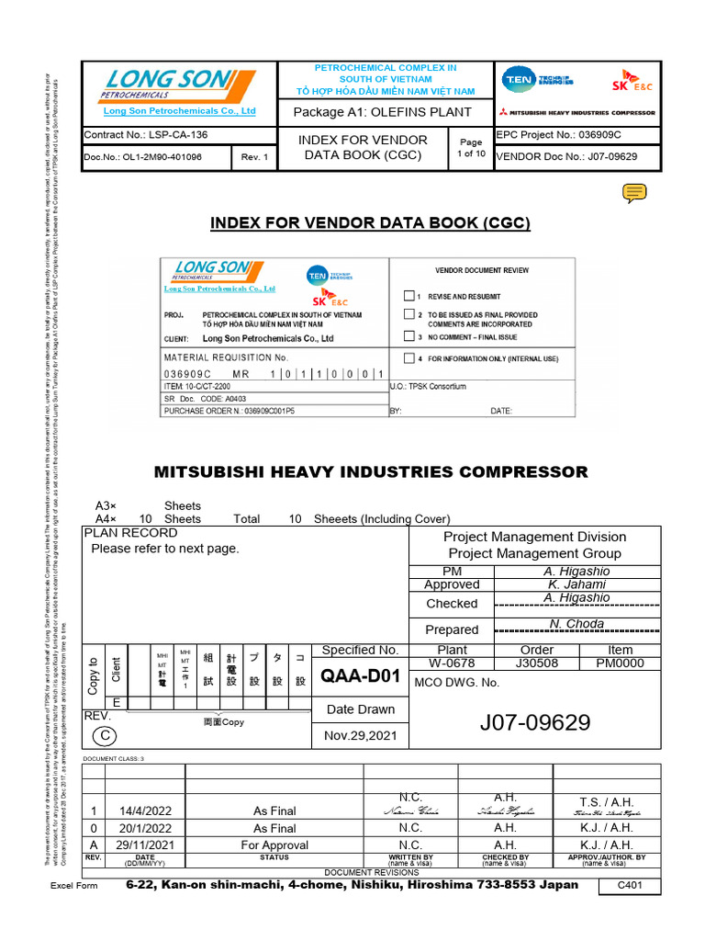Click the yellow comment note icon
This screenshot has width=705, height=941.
[x=634, y=192]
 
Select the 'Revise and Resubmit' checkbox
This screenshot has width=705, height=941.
[x=409, y=297]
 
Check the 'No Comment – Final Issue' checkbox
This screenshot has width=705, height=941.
[x=409, y=337]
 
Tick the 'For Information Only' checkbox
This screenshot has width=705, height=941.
[x=409, y=358]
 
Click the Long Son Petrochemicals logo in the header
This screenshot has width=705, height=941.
[x=166, y=85]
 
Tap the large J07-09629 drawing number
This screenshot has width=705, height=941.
[x=534, y=722]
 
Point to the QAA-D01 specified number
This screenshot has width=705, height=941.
[x=360, y=677]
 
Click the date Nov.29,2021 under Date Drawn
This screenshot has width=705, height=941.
[x=360, y=736]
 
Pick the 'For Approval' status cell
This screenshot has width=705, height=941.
[x=275, y=845]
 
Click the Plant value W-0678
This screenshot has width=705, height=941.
[x=453, y=663]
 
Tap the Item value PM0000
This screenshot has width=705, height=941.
[x=620, y=663]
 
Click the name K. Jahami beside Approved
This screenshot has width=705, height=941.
[x=576, y=584]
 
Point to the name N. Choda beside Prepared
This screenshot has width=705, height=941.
[x=576, y=624]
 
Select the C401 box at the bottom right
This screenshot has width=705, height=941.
[x=627, y=886]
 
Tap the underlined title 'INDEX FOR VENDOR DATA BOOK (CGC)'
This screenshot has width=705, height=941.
[x=371, y=223]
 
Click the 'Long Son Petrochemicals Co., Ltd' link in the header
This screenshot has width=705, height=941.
[x=179, y=111]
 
